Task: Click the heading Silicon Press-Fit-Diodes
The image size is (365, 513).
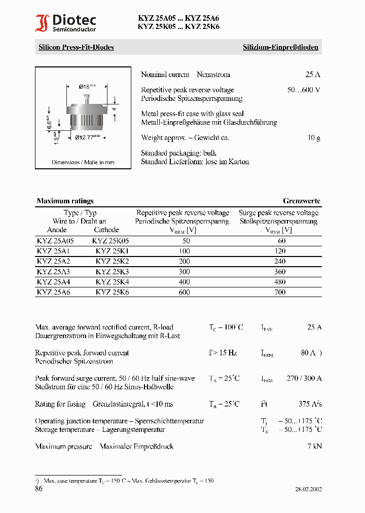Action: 76,47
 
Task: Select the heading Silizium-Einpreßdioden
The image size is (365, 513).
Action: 280,47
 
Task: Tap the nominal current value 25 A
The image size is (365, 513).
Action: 313,75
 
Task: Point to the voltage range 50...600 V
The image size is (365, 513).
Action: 304,90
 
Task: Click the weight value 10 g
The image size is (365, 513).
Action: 314,137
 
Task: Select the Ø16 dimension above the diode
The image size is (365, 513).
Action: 87,87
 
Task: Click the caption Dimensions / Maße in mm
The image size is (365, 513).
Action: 83,162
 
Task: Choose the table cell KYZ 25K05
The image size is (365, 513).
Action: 111,241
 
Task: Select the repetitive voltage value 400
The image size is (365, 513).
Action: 184,282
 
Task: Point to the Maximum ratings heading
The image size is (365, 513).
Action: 65,201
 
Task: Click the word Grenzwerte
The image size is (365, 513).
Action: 302,201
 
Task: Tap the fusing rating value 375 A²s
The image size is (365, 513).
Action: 310,404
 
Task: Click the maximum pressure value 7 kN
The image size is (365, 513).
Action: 314,447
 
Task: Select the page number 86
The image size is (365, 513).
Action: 39,489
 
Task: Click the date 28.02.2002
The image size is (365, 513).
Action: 308,489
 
